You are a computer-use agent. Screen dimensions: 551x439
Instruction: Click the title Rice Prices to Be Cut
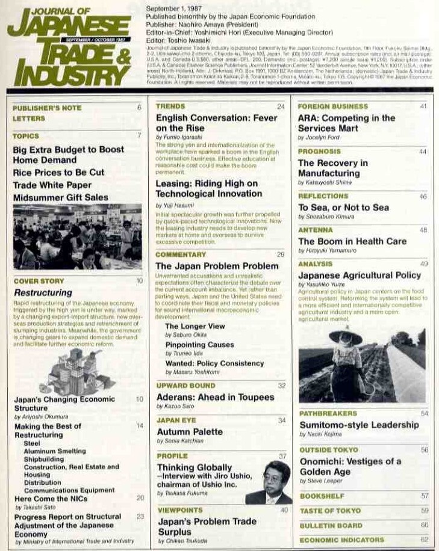(x=58, y=173)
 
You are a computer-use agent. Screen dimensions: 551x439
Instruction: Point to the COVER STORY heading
(x=39, y=281)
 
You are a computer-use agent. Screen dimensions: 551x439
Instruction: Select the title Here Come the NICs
(x=51, y=499)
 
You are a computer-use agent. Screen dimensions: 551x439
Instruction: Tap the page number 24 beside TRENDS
(x=280, y=107)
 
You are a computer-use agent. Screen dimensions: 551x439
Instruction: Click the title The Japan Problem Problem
(x=217, y=266)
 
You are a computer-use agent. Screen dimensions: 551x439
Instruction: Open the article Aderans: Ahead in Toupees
(x=215, y=398)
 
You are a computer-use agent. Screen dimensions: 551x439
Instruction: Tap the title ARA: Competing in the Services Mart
(x=346, y=123)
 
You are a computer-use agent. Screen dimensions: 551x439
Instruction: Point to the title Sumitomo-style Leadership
(x=358, y=425)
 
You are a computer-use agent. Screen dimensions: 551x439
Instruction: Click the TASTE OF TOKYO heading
(x=330, y=511)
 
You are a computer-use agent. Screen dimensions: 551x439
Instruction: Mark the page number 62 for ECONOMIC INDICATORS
(x=424, y=540)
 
